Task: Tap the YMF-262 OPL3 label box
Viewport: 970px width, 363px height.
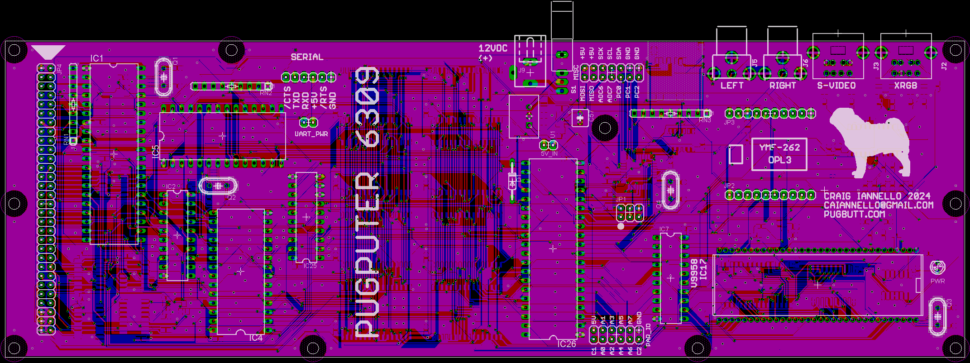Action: [779, 154]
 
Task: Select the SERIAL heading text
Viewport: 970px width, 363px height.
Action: [307, 57]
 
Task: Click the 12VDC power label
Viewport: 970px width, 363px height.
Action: [493, 48]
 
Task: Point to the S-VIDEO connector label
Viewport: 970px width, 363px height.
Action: [836, 86]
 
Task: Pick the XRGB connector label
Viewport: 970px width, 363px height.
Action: [905, 86]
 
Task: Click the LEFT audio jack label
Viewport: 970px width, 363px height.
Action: [732, 86]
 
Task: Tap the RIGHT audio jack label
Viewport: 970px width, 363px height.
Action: [783, 86]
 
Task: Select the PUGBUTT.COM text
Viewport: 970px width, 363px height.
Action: [854, 214]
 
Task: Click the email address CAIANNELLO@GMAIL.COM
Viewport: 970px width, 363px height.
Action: [878, 205]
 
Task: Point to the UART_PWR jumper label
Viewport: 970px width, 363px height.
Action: [311, 134]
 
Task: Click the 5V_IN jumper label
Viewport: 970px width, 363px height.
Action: [549, 153]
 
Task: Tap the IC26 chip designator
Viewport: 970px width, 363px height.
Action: [567, 344]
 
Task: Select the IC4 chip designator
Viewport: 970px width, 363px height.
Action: [255, 338]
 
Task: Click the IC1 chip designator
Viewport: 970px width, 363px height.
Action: [97, 58]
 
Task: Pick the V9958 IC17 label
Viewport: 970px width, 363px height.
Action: [699, 273]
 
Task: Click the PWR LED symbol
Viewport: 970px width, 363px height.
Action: [937, 268]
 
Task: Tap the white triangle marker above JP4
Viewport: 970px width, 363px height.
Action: [48, 52]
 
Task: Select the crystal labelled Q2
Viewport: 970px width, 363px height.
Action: [218, 186]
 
